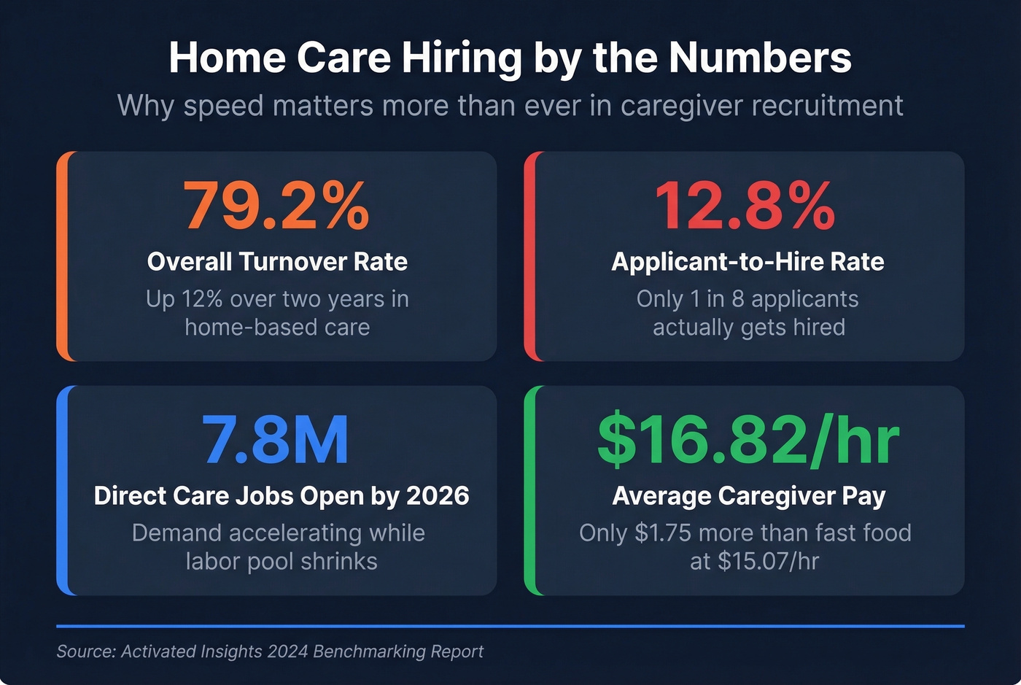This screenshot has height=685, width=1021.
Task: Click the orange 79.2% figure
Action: pos(276,206)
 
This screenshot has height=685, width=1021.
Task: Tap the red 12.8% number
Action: pos(745,206)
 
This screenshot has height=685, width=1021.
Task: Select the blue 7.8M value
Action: pos(276,440)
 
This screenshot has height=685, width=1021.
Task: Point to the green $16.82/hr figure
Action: pos(748,440)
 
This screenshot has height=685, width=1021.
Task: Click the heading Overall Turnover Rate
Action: pos(277,262)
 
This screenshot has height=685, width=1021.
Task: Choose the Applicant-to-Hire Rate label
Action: pos(748,262)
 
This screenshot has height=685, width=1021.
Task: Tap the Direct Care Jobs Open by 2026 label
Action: pos(282,496)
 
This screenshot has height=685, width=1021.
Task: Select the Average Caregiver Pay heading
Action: pos(748,496)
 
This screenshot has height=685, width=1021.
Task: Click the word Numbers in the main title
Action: pos(760,58)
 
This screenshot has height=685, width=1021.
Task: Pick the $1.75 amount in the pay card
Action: pos(662,533)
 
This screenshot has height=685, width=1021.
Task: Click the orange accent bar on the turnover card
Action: pos(61,256)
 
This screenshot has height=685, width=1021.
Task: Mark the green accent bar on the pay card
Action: pos(529,490)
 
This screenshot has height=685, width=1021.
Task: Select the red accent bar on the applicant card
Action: pos(529,256)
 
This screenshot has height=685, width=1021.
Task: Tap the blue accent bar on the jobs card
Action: pos(61,490)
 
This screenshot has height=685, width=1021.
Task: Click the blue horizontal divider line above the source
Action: pos(510,626)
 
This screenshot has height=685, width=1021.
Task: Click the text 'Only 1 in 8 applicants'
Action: pos(748,299)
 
